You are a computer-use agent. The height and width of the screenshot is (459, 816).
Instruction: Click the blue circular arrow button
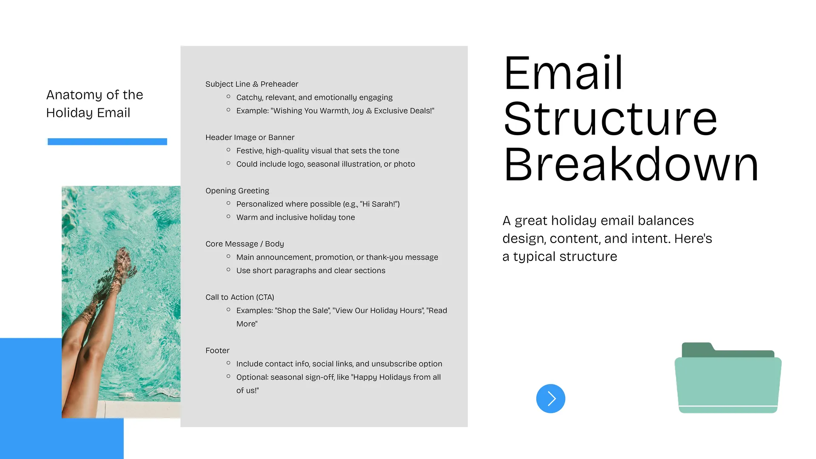tap(550, 399)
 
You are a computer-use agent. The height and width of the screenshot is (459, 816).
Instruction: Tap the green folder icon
tap(728, 377)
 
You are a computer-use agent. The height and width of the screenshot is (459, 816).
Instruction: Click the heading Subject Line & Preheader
tap(252, 84)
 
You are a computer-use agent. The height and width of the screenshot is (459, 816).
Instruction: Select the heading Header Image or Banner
tap(250, 137)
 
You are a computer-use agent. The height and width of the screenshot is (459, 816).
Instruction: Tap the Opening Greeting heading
tap(237, 191)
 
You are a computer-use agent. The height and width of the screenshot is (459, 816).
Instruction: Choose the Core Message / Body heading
tap(244, 244)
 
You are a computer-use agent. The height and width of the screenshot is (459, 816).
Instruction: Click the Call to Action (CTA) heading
tap(240, 297)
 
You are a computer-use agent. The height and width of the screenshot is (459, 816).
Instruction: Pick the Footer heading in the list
tap(217, 351)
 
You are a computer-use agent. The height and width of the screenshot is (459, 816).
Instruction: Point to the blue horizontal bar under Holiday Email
tap(107, 142)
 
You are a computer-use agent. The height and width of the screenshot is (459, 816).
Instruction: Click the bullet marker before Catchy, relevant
tap(228, 96)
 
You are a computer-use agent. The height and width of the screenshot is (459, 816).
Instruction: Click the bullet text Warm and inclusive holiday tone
tap(295, 217)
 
